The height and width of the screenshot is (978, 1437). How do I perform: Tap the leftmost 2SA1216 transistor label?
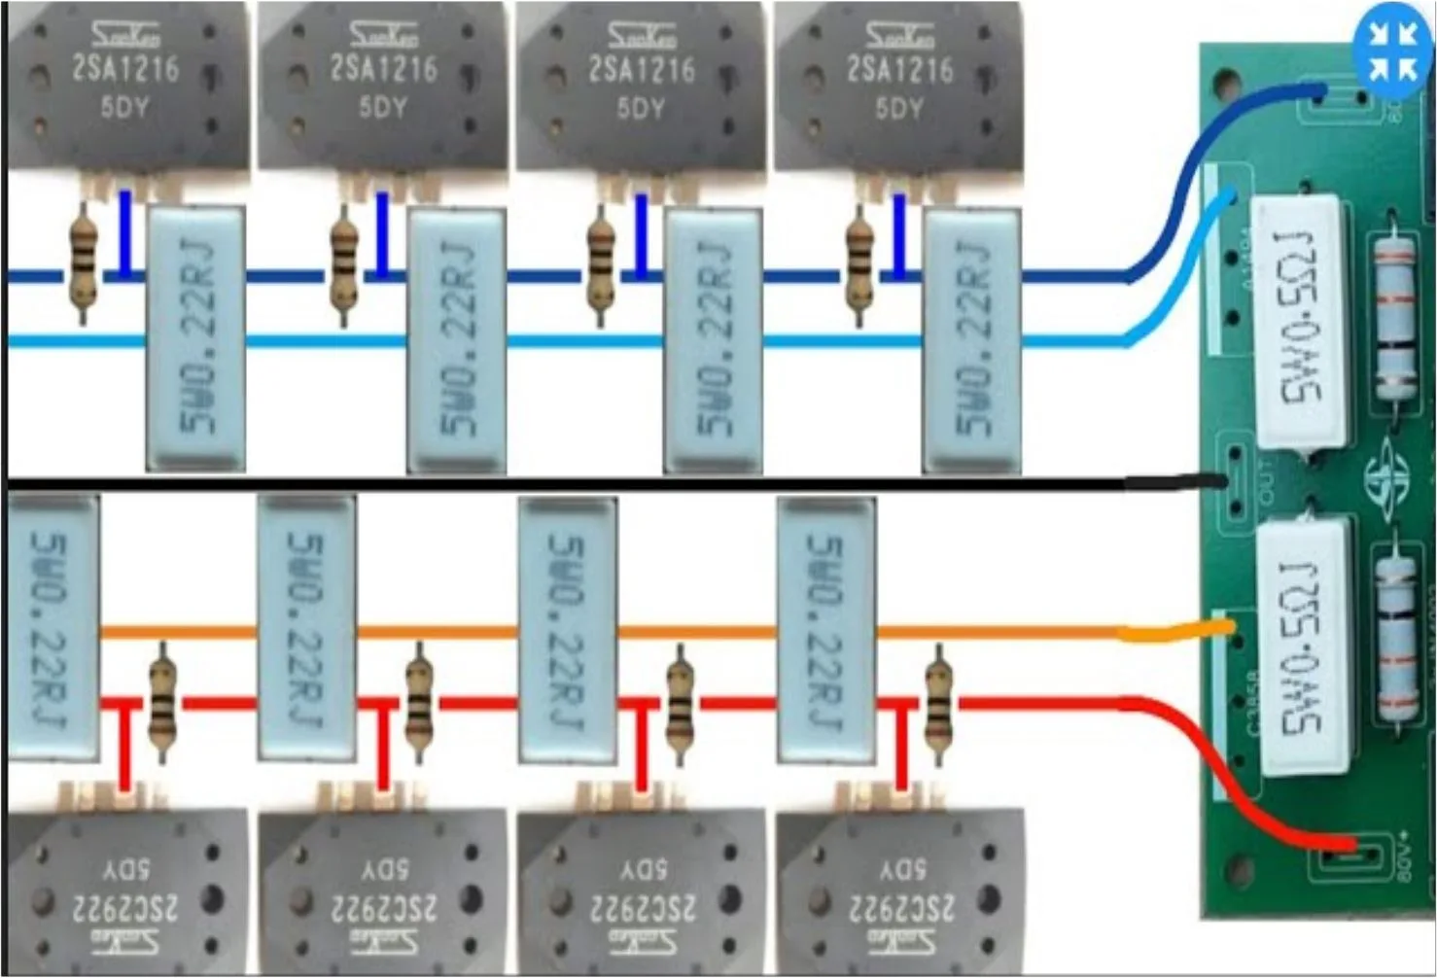(x=125, y=69)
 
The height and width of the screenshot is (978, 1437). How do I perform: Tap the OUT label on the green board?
(x=1266, y=483)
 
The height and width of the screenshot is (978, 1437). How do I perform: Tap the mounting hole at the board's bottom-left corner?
(x=1240, y=866)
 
